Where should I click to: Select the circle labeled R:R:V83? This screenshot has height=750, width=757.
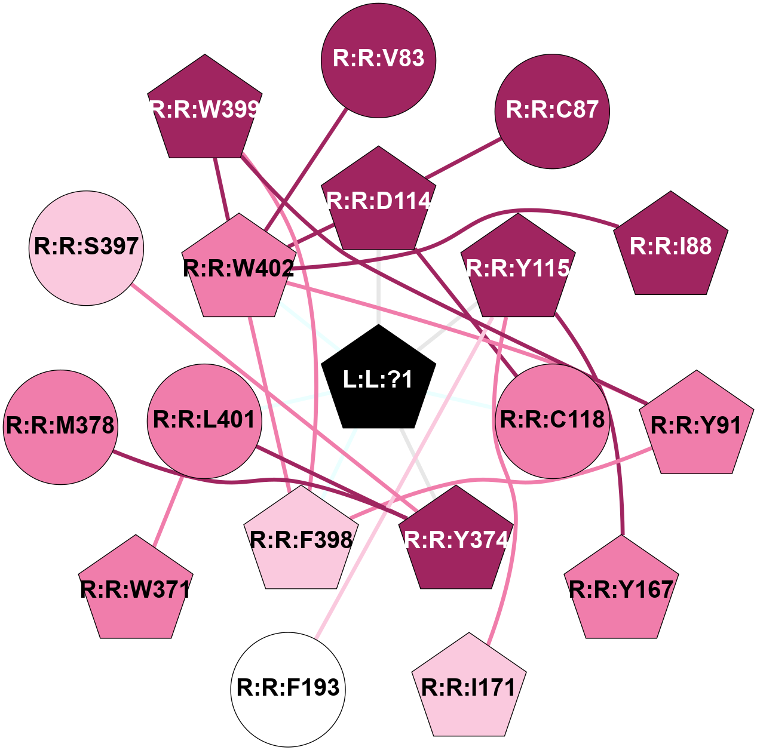click(x=378, y=60)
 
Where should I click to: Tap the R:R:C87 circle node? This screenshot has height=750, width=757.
click(x=552, y=112)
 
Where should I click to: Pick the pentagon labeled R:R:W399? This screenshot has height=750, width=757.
click(x=205, y=109)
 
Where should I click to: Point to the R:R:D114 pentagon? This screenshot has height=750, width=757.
click(x=378, y=201)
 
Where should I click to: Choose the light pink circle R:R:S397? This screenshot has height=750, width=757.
click(x=87, y=248)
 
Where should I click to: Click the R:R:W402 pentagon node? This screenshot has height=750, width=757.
click(x=238, y=268)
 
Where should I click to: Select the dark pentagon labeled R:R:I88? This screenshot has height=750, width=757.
click(x=670, y=246)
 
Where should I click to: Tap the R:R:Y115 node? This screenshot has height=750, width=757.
click(x=518, y=268)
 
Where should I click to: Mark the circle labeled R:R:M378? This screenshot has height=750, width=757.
click(x=60, y=427)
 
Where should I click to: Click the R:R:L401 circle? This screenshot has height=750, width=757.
click(x=204, y=422)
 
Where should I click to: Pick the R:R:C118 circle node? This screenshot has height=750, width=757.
click(x=552, y=422)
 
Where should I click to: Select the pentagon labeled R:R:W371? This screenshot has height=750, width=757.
click(x=136, y=589)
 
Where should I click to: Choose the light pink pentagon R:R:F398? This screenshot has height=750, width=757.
click(x=301, y=540)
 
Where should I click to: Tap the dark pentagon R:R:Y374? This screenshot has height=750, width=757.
click(x=456, y=540)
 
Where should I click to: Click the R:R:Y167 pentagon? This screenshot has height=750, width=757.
click(x=621, y=589)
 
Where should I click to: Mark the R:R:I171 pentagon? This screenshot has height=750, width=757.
click(x=468, y=687)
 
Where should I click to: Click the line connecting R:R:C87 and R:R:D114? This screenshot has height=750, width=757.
click(x=463, y=158)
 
